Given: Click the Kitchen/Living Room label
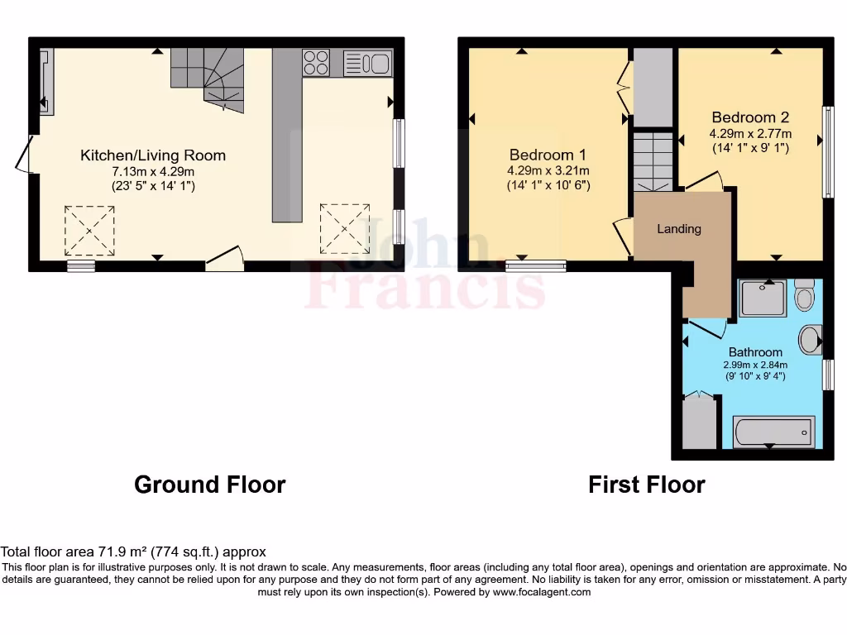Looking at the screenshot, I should [x=152, y=155].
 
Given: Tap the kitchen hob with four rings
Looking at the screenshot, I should [x=316, y=63].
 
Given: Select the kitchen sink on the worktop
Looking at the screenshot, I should [x=367, y=63].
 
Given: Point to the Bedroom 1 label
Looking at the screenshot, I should [x=548, y=155].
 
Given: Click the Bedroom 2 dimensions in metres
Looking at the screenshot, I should [x=750, y=133].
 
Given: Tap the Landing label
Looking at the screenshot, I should [x=679, y=229].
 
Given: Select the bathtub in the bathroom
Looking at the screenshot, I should [x=773, y=432].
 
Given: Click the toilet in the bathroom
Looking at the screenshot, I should [x=804, y=295].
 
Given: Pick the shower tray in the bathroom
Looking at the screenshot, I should [x=763, y=298].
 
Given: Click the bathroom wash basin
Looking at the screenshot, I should [x=811, y=339].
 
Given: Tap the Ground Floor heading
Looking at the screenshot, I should [x=209, y=485].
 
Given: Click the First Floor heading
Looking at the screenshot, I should [x=646, y=485].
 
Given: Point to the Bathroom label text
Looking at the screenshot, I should [x=755, y=352].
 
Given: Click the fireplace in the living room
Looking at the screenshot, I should [x=46, y=81].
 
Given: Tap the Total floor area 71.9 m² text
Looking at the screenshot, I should [x=133, y=551].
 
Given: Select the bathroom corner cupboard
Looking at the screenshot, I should [x=699, y=423].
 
